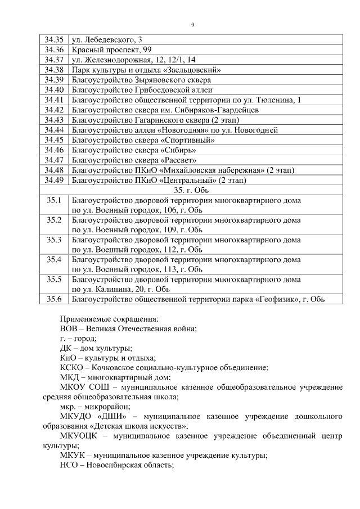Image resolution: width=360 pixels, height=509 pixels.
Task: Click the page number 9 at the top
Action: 192,24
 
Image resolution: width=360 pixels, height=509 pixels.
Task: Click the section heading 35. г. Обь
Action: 192,190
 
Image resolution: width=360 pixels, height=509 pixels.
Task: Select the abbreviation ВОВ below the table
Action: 69,328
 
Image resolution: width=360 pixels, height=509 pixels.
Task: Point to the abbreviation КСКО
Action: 71,367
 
